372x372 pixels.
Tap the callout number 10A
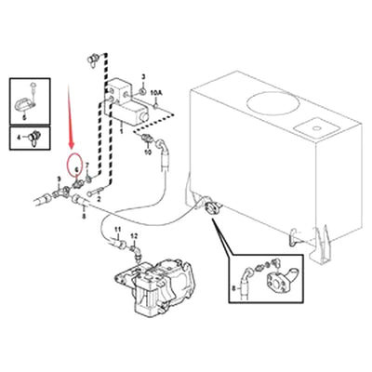(x=156, y=94)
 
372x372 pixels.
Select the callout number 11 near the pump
(x=118, y=229)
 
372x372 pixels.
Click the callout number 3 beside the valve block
(x=144, y=74)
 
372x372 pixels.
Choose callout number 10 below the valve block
(x=146, y=153)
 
